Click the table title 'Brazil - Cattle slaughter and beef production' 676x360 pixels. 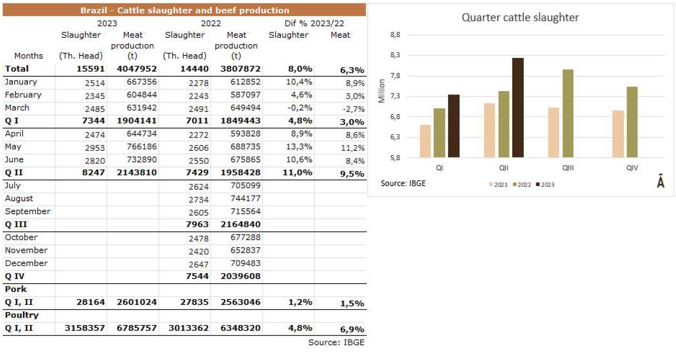click(185, 10)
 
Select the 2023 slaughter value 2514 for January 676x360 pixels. click(95, 83)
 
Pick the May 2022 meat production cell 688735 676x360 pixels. click(245, 147)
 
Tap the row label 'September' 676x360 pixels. click(27, 211)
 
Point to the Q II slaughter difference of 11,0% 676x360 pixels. click(297, 172)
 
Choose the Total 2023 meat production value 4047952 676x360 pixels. click(136, 69)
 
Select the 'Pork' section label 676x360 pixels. click(16, 289)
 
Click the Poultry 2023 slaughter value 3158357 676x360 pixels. click(85, 328)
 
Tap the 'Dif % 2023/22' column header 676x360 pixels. click(314, 23)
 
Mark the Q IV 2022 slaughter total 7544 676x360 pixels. click(197, 276)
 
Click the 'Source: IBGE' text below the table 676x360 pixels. click(336, 343)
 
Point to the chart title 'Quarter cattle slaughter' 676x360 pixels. click(520, 17)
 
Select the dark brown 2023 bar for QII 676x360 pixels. click(518, 107)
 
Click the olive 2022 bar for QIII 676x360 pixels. click(568, 113)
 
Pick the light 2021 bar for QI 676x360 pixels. click(425, 141)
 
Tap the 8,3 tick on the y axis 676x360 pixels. click(395, 55)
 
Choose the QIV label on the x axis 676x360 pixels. click(632, 168)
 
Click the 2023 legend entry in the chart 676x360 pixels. click(545, 185)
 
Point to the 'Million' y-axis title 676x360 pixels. click(382, 91)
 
